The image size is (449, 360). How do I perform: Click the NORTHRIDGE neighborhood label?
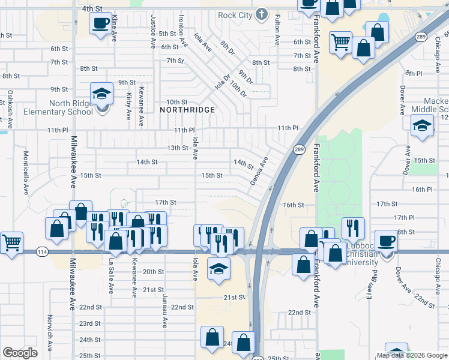187,110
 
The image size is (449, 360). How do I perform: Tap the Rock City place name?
235,14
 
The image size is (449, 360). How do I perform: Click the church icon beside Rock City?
261,13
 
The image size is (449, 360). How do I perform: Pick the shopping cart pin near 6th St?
341,43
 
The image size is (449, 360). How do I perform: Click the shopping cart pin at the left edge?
11,243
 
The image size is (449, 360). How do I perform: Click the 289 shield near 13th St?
298,149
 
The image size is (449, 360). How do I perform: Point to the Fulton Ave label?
277,31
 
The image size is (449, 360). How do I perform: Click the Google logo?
20,352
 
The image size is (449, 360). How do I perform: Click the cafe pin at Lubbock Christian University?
387,241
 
